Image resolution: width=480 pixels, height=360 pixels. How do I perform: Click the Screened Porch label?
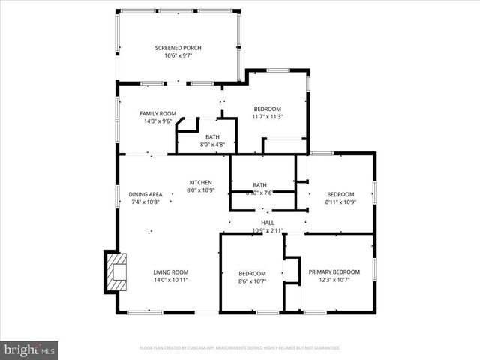pos(178,48)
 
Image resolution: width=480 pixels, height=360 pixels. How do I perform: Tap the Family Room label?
pos(157,113)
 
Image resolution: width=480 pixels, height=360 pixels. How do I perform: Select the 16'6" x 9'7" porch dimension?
pos(178,55)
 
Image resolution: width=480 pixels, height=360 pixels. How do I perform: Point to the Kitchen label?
pos(200,182)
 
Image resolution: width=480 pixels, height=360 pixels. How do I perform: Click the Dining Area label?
pos(145,194)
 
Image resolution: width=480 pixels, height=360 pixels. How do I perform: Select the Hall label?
pos(267,223)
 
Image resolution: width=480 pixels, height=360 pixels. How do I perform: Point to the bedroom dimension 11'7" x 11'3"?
pos(267,116)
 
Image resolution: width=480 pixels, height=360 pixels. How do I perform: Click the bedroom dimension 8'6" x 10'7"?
pos(252,280)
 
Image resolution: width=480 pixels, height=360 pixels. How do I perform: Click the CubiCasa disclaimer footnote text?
pos(239,348)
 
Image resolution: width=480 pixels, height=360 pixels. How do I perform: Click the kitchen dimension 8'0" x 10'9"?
pos(200,190)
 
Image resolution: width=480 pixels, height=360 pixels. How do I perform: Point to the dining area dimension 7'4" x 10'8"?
pos(145,202)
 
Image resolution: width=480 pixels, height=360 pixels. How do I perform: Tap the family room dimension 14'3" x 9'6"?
pos(157,121)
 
